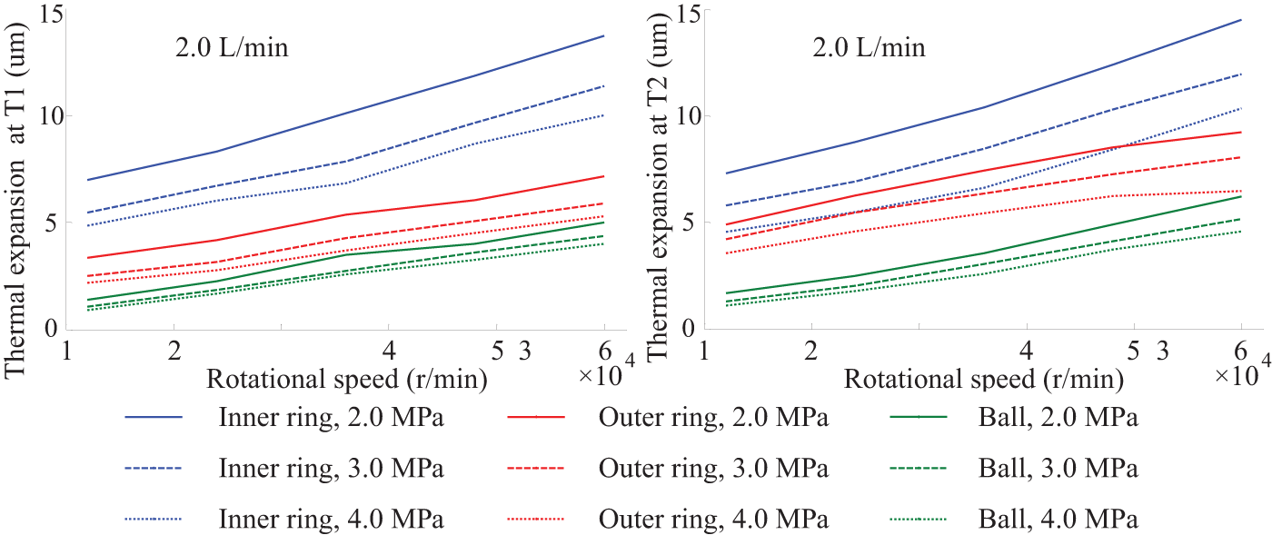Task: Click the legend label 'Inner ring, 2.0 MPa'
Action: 331,418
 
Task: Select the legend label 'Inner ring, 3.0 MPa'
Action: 331,469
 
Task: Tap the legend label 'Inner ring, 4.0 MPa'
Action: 331,519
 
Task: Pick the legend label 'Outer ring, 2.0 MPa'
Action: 713,418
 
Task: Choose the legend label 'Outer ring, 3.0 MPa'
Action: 713,469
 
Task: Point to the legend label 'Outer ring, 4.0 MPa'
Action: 713,519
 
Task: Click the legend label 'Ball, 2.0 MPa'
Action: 1058,418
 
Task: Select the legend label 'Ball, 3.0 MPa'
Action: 1058,469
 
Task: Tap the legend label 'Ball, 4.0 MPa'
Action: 1058,519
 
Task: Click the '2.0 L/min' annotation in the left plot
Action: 232,47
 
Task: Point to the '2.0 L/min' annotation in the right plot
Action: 869,47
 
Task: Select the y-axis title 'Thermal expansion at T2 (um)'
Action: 657,188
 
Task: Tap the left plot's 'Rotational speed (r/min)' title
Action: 346,380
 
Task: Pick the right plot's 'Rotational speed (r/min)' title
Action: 983,380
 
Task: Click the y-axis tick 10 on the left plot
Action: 51,116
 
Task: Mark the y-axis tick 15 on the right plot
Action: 688,14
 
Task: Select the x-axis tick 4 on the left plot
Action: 389,352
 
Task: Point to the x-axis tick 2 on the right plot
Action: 810,352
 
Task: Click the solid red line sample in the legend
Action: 535,417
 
